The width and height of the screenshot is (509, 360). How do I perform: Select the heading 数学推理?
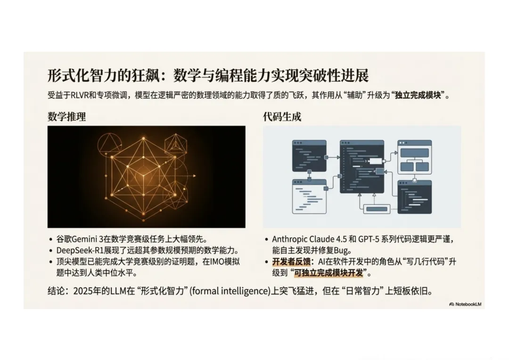point(66,116)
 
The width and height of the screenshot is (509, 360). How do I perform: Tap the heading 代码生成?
point(282,116)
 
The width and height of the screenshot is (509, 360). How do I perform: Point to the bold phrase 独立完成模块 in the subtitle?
point(418,96)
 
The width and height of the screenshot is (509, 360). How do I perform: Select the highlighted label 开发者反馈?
point(291,262)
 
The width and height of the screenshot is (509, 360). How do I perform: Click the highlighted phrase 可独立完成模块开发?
point(328,273)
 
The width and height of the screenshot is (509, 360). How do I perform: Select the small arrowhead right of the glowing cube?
point(195,176)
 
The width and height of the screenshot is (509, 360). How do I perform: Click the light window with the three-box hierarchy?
point(415,157)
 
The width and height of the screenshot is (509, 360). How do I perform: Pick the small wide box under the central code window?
point(377,209)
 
